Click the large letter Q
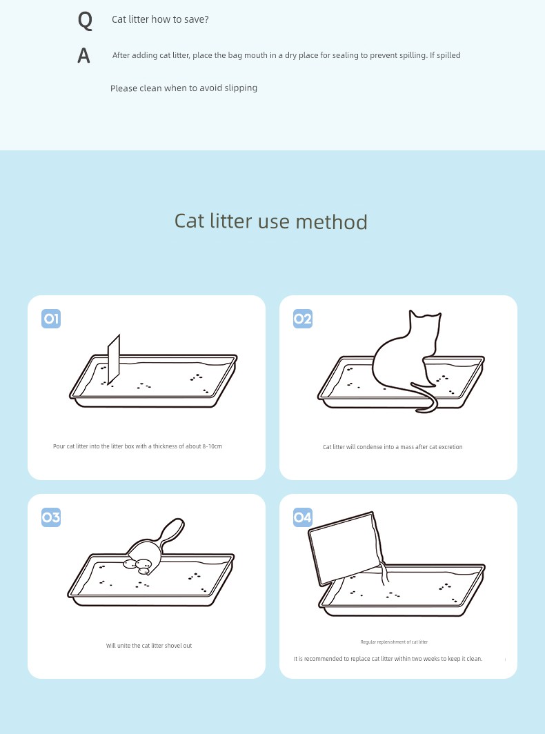pyautogui.click(x=85, y=21)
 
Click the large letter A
pyautogui.click(x=83, y=56)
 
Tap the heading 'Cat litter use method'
pyautogui.click(x=270, y=221)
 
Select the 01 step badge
pyautogui.click(x=51, y=319)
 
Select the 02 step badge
pyautogui.click(x=302, y=319)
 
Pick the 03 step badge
pyautogui.click(x=51, y=517)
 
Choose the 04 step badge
pyautogui.click(x=302, y=517)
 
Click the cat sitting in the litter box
pyautogui.click(x=403, y=360)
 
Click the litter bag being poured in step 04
pyautogui.click(x=346, y=548)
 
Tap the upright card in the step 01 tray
pyautogui.click(x=114, y=359)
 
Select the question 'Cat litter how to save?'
pyautogui.click(x=160, y=19)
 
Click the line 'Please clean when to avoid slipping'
pyautogui.click(x=184, y=88)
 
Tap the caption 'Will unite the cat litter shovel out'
pyautogui.click(x=149, y=646)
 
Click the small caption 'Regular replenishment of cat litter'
pyautogui.click(x=394, y=642)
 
